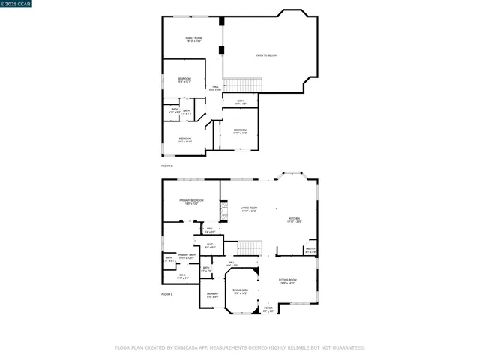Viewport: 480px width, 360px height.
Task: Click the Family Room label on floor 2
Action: click(x=193, y=39)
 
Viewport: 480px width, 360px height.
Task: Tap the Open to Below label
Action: click(x=266, y=55)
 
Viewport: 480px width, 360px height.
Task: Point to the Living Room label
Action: click(x=249, y=209)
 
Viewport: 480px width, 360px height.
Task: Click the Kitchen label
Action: click(x=295, y=220)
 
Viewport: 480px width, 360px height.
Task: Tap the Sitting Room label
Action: click(x=288, y=280)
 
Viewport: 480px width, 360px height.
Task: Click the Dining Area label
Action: click(x=241, y=291)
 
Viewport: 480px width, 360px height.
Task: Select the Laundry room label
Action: click(x=212, y=295)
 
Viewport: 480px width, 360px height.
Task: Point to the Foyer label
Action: click(x=268, y=309)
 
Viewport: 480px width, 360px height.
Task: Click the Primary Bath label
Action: click(x=187, y=256)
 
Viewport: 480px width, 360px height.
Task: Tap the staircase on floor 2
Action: click(x=240, y=85)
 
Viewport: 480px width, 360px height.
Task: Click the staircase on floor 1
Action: click(x=249, y=247)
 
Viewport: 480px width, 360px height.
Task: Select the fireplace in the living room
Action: click(x=223, y=211)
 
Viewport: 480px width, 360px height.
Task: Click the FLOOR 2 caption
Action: click(x=166, y=165)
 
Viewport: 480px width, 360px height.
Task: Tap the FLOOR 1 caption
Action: click(x=166, y=295)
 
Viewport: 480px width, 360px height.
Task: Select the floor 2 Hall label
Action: click(x=215, y=88)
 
